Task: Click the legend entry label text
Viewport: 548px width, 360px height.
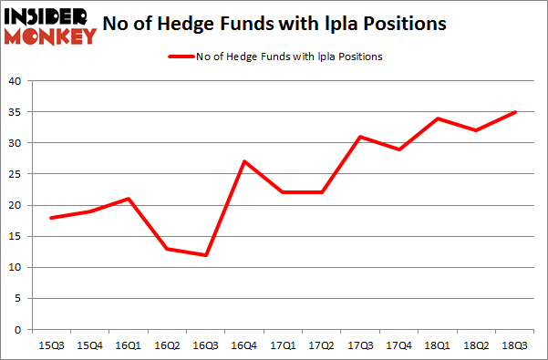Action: tap(291, 57)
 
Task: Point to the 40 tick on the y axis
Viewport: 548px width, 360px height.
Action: tap(15, 81)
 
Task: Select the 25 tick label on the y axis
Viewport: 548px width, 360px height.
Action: tap(15, 174)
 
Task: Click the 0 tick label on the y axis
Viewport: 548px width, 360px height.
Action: tap(18, 329)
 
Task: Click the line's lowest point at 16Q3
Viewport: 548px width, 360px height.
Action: tap(205, 254)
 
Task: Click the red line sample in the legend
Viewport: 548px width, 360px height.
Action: tap(180, 57)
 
